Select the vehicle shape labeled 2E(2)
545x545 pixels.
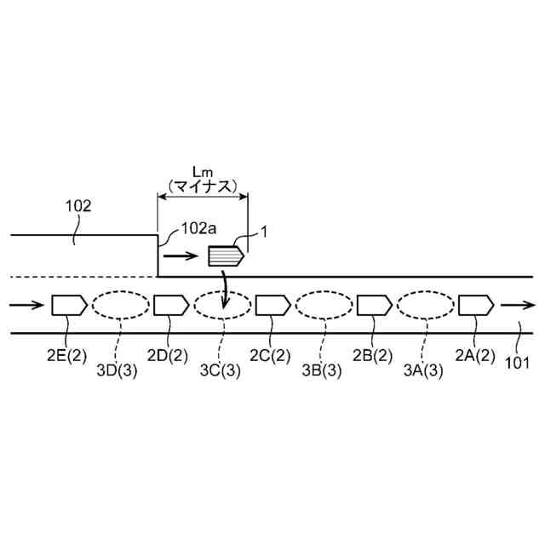point(68,304)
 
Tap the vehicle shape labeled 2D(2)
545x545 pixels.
point(170,304)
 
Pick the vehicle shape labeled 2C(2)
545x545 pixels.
point(273,304)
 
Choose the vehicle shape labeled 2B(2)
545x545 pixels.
point(374,304)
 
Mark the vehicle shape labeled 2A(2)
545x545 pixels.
point(476,304)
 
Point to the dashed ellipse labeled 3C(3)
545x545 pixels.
point(222,305)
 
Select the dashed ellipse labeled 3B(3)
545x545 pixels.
point(324,305)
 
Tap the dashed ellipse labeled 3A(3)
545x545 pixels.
point(425,305)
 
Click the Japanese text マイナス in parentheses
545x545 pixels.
point(202,186)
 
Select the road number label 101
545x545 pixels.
point(516,362)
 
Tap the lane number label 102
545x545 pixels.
point(77,205)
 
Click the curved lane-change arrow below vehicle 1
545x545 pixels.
point(223,290)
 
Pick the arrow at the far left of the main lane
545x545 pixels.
point(25,304)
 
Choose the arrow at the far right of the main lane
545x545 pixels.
point(518,304)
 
